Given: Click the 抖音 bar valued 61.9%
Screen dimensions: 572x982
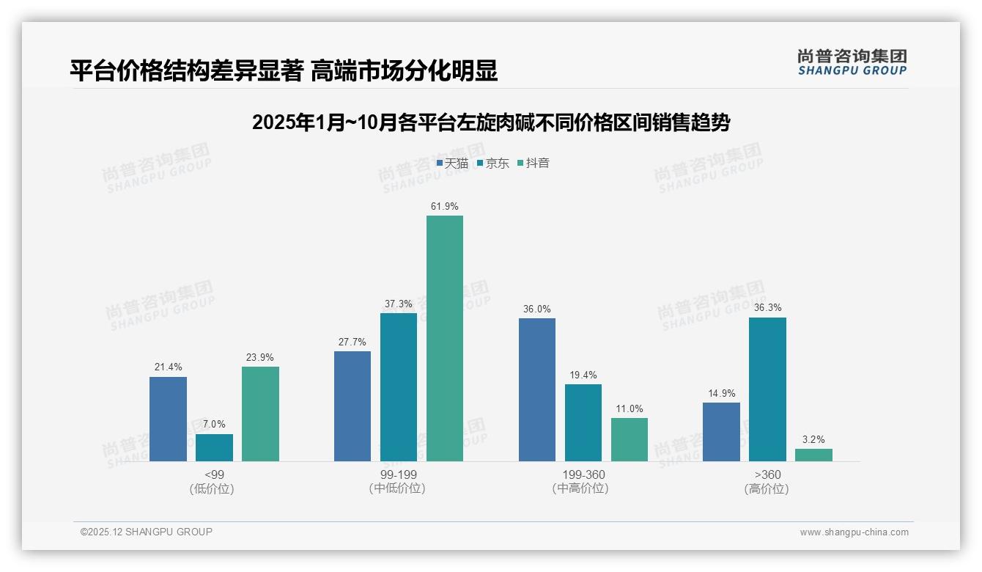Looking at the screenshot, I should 445,338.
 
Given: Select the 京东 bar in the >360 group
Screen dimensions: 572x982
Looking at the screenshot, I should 767,389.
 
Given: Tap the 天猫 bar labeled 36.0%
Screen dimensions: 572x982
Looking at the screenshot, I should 537,389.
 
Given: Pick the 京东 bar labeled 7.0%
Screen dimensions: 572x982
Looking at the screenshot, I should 214,447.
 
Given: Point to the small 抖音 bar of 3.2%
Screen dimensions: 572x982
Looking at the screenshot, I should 813,455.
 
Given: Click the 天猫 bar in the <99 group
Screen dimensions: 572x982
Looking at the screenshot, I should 168,419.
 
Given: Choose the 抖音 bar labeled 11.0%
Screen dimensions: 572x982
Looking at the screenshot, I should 630,439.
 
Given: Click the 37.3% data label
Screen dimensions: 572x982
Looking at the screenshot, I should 399,304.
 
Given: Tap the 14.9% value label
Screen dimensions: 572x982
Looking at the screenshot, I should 721,393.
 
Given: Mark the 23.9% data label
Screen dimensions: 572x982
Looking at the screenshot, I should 260,357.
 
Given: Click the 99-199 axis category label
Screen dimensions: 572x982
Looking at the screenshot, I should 398,474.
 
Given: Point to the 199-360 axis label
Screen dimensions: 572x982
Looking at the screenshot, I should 583,474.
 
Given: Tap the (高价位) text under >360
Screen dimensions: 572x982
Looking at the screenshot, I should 767,489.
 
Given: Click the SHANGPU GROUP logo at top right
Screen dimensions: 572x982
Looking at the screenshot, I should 852,62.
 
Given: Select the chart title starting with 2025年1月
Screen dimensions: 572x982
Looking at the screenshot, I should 491,122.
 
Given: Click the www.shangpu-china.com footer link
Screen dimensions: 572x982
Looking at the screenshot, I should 854,532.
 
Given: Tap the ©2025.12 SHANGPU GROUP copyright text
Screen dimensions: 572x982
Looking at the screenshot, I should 147,532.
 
